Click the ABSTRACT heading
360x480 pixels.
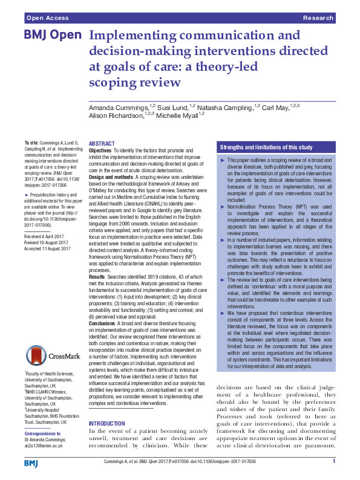coord(102,143)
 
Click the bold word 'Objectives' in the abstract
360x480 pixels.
coord(100,150)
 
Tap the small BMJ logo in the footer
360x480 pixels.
coord(31,463)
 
